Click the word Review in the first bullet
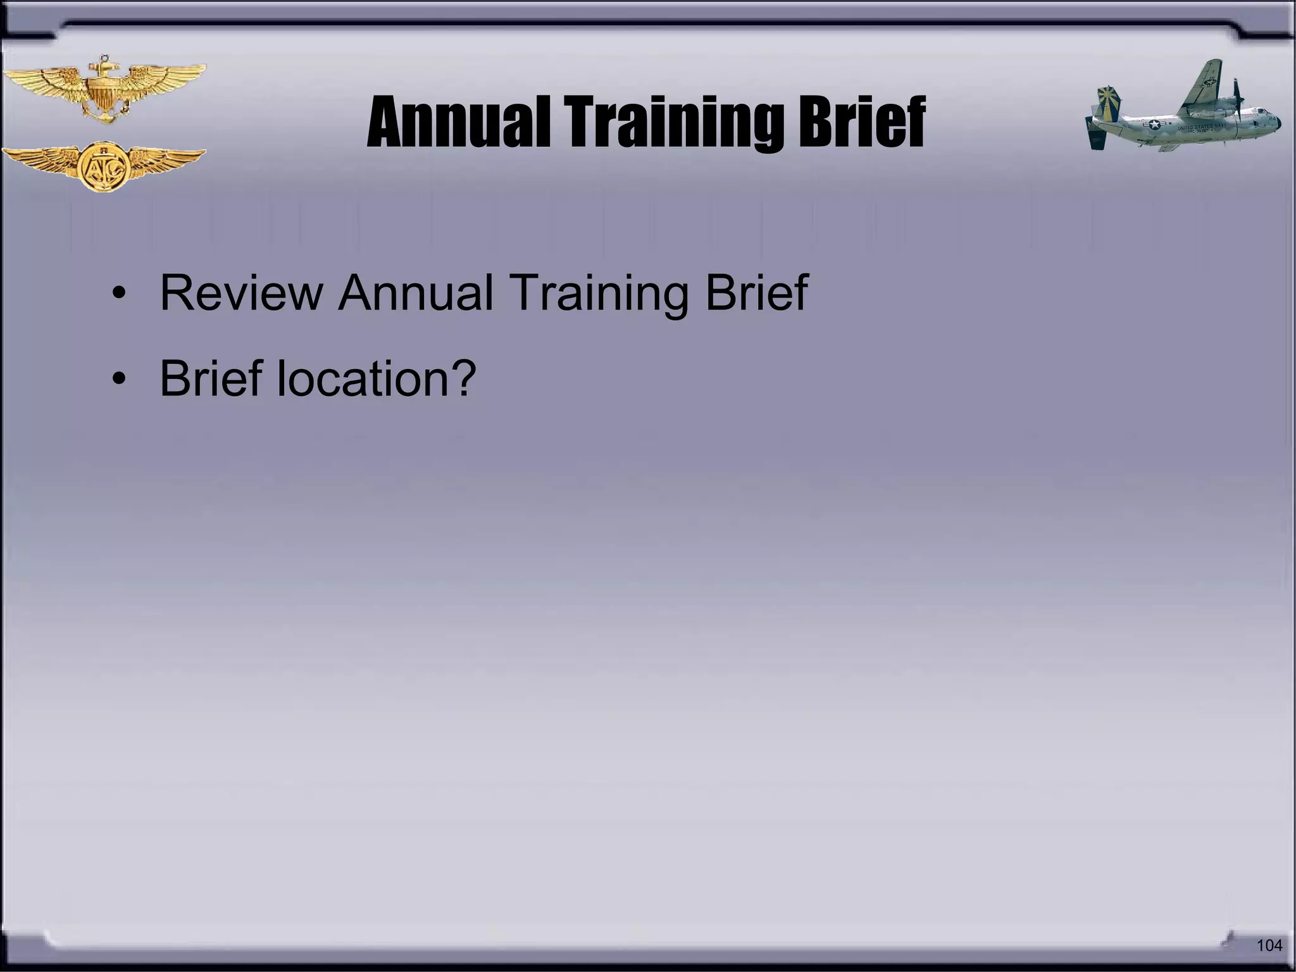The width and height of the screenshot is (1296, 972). click(241, 292)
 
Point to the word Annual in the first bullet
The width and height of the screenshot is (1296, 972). click(415, 292)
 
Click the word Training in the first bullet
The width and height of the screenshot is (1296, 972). click(598, 292)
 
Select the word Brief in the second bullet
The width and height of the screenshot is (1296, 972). click(211, 378)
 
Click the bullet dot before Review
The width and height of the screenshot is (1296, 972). click(118, 294)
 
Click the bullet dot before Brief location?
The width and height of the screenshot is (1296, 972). click(118, 380)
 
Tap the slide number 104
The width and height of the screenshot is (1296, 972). click(1269, 945)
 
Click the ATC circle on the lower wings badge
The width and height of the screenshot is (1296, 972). click(104, 167)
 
